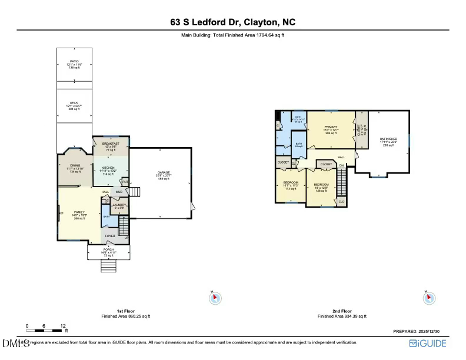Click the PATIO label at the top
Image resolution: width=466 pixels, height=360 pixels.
74,61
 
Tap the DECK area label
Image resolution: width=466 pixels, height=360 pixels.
74,102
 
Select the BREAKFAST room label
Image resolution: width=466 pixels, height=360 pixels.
111,144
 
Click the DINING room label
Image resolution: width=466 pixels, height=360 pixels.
75,165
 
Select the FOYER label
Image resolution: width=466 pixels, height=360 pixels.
110,236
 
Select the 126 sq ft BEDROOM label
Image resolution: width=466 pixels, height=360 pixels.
321,184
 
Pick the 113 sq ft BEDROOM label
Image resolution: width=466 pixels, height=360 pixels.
291,183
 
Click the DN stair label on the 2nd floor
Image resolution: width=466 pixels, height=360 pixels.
341,166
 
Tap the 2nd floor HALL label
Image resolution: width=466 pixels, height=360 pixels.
341,157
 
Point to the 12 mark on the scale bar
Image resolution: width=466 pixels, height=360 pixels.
63,325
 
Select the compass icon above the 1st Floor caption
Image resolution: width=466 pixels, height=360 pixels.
215,298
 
